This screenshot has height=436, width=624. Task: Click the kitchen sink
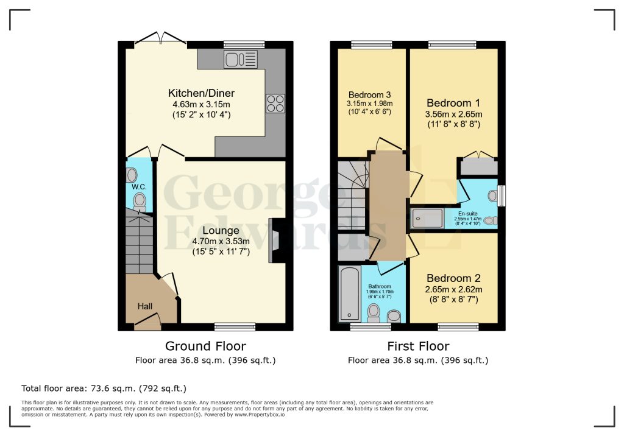coord(241,59)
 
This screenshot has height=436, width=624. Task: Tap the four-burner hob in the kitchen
coord(274,104)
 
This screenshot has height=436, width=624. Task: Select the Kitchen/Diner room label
coord(201,93)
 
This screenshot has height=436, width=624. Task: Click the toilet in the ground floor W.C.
coord(140,202)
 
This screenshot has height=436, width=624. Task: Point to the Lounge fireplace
coord(275,241)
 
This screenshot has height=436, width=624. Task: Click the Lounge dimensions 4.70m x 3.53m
coord(221,241)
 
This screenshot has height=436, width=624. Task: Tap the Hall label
coord(144,306)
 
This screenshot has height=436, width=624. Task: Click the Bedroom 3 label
coord(369,95)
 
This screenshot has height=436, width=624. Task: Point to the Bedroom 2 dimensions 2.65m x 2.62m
coord(454,289)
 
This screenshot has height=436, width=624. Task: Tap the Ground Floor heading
coord(205,346)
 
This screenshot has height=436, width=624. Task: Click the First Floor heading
coord(418,346)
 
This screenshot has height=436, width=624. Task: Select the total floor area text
coord(104,388)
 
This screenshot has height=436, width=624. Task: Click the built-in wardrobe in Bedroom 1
coord(479,167)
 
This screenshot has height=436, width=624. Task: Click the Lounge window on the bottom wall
coord(235,327)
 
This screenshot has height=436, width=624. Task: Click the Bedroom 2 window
coord(458,327)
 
